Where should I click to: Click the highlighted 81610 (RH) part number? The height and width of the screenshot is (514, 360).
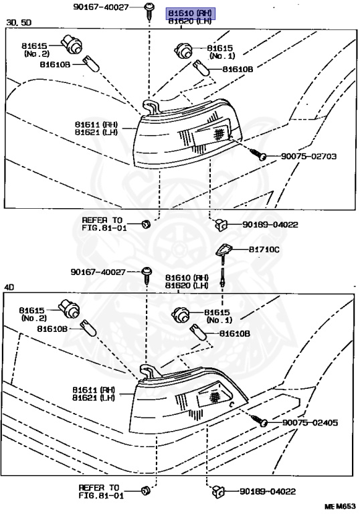pos(190,13)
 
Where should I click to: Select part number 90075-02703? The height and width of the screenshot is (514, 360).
pos(308,156)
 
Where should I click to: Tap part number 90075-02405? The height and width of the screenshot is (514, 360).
pos(310,422)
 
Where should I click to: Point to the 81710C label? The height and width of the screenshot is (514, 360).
pos(264,250)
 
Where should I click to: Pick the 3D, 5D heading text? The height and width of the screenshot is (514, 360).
pos(19,22)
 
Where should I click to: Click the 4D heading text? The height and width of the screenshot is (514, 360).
pos(9,287)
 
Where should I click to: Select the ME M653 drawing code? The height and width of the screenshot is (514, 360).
pos(341,507)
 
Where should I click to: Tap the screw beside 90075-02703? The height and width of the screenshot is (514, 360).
pos(258,154)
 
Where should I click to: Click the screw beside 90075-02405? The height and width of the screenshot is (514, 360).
pos(260,420)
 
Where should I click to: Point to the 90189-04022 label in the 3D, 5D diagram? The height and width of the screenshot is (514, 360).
pos(270,225)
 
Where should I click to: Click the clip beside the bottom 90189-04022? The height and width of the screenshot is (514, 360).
pos(218,491)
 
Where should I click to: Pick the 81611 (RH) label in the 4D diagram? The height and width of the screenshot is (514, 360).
pos(94,390)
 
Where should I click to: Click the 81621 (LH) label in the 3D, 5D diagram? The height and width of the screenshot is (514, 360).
pos(96,132)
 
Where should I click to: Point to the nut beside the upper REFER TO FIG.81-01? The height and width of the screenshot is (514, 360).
pos(146,224)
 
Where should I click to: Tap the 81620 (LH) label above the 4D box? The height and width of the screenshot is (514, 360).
pos(187,286)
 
